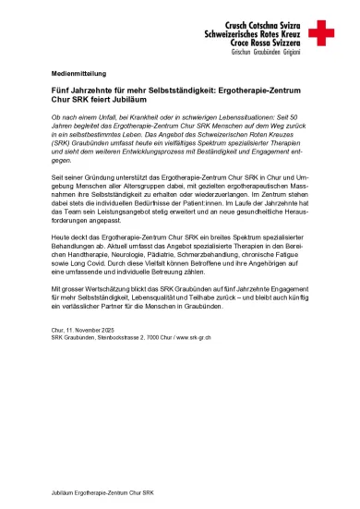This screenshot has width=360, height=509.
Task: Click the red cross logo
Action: tap(321, 34)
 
